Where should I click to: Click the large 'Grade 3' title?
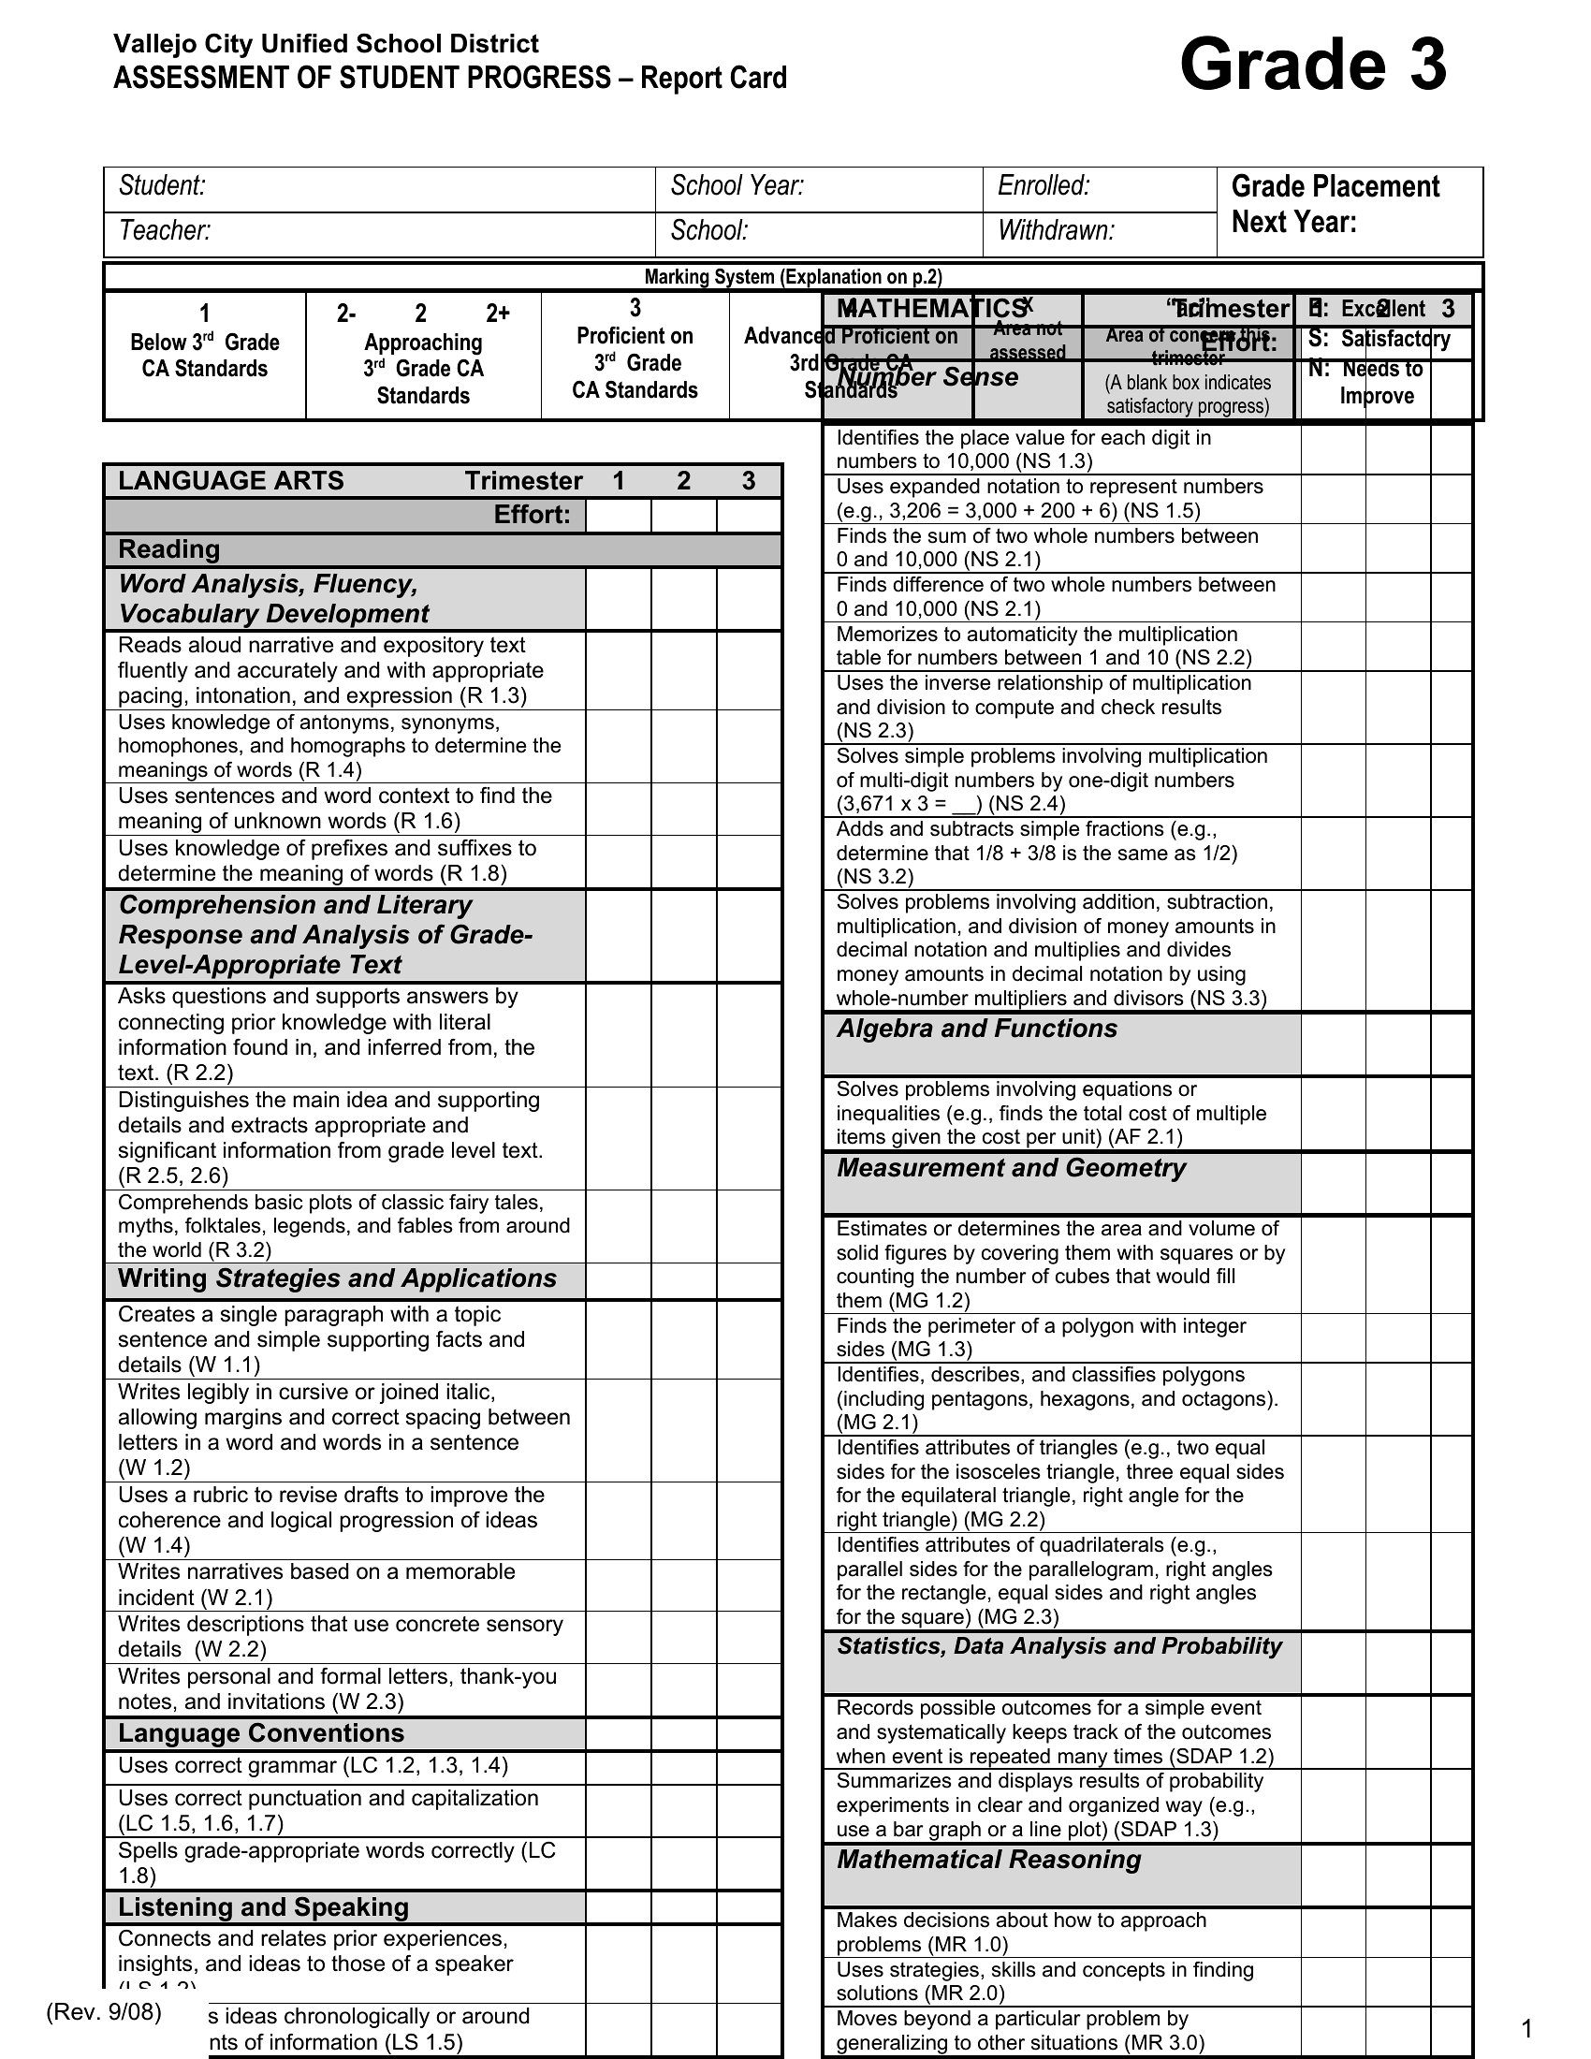pos(1312,66)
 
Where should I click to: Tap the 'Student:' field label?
pos(162,185)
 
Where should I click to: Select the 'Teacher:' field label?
pos(164,231)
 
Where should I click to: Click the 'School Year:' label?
pos(737,185)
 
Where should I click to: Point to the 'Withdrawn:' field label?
pos(1056,231)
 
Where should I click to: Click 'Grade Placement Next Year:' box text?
pos(1335,204)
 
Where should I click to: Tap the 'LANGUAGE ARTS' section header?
pos(231,481)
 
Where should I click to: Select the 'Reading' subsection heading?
pos(168,549)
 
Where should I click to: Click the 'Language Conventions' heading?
pos(261,1732)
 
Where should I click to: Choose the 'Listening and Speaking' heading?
pos(263,1907)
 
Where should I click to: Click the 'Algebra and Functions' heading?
pos(976,1029)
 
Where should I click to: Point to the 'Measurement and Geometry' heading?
pos(1011,1168)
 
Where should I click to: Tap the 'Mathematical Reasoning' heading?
pos(987,1859)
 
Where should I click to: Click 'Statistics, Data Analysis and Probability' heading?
pos(1058,1646)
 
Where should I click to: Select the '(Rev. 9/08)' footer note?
pos(104,2012)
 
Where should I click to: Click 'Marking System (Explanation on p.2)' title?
pos(793,277)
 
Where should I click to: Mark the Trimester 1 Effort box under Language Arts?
pos(618,516)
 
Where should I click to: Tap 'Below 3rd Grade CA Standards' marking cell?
pos(205,356)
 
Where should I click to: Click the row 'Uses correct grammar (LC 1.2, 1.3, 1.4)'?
pos(313,1766)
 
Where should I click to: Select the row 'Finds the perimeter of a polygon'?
pos(1041,1337)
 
